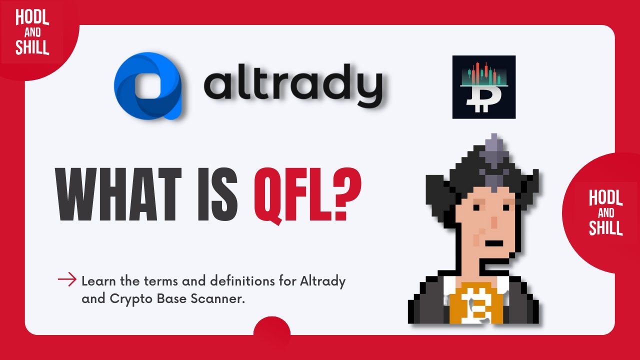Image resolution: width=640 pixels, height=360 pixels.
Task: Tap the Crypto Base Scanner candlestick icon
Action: pos(483,87)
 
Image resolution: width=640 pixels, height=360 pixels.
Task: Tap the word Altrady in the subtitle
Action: pos(322,281)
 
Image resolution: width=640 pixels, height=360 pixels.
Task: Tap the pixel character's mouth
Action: pos(494,243)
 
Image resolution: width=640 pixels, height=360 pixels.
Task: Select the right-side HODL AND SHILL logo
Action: pos(605,212)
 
